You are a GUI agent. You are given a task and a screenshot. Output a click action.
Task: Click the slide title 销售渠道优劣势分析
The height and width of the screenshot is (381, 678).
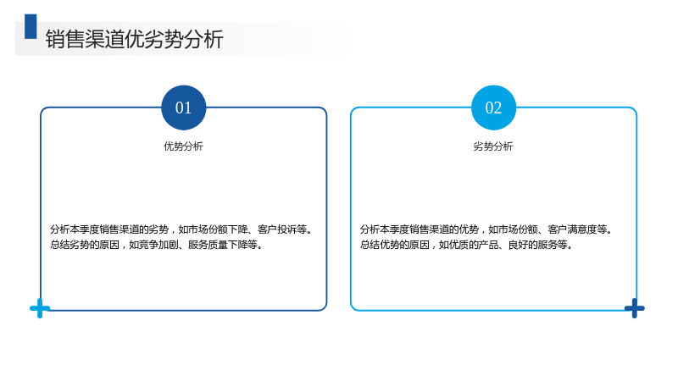(134, 39)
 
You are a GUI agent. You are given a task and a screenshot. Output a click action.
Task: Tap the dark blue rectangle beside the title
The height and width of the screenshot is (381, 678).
(31, 26)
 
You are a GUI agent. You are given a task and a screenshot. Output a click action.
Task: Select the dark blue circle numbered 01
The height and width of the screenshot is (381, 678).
(183, 108)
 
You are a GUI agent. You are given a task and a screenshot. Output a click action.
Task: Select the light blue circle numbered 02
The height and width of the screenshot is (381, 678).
(493, 108)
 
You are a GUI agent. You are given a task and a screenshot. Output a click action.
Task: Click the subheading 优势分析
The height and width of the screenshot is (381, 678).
(183, 146)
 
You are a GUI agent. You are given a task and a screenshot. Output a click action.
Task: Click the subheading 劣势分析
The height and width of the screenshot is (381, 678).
(493, 146)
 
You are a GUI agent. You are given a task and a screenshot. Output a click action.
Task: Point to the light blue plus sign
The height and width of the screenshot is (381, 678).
(40, 308)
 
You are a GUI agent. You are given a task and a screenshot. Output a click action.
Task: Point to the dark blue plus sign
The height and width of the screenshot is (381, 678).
(634, 308)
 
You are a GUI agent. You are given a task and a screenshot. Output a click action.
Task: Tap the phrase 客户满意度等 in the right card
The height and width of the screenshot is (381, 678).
(577, 229)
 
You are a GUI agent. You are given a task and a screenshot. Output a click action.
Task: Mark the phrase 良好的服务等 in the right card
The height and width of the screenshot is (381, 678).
(537, 245)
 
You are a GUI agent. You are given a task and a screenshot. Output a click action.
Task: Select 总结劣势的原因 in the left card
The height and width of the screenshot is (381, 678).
(85, 245)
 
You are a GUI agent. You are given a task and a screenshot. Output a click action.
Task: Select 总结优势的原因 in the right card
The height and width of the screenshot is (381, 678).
(395, 245)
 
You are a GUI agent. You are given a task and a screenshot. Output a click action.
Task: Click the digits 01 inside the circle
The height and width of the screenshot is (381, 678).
(183, 108)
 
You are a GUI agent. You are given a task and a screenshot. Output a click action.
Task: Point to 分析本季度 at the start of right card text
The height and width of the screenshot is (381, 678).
(385, 229)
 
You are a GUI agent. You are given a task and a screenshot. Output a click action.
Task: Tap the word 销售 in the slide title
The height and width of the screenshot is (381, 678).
(65, 39)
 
